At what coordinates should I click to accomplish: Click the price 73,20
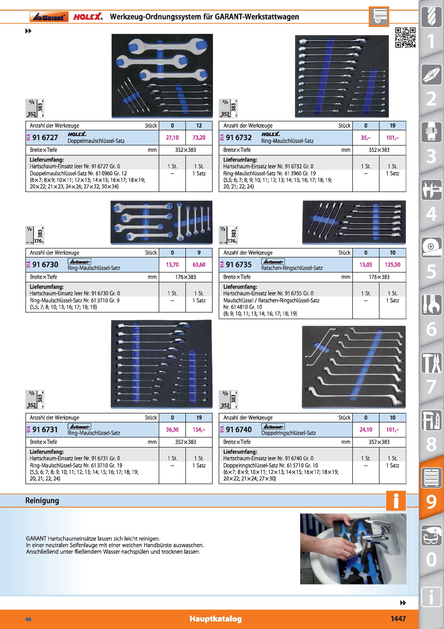click(199, 138)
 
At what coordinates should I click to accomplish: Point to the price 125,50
click(392, 265)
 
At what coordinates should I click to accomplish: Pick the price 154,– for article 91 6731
click(199, 430)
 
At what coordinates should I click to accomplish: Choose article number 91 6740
click(239, 430)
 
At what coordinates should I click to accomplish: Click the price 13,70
click(172, 265)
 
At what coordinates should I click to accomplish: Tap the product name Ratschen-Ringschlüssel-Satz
click(292, 268)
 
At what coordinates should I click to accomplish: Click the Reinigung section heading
click(42, 500)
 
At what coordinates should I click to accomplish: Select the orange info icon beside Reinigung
click(396, 501)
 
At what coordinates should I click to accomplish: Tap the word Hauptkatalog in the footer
click(216, 619)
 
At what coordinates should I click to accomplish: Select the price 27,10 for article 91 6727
click(172, 138)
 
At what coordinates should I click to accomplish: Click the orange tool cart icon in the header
click(379, 16)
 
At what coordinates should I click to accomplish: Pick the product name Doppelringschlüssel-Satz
click(288, 433)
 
